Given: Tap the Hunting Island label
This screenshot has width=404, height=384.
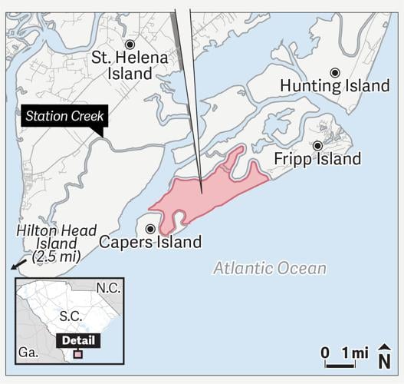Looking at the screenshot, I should [334, 86].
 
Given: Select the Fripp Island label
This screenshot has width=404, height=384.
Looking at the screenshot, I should [317, 159].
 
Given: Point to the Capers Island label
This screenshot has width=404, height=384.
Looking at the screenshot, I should [150, 243].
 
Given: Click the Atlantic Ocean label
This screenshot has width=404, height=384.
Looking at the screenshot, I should [269, 269].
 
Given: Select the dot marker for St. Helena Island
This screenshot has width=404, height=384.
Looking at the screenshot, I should [130, 44].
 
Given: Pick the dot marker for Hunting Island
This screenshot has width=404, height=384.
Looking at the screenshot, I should [334, 72].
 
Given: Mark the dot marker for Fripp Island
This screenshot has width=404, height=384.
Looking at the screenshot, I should [317, 145].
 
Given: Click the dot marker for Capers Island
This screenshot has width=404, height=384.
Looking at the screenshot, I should [150, 228].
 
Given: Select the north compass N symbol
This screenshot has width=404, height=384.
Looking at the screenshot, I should [385, 358].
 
